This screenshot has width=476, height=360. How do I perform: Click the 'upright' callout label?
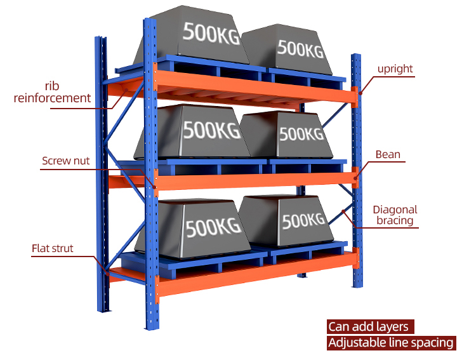pos(395,69)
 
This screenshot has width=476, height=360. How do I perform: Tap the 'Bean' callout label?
pos(388,154)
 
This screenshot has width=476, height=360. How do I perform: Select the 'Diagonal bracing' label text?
pos(395,215)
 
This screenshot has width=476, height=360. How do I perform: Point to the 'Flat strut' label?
pos(53,248)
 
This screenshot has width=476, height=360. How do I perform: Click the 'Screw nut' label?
pos(65,161)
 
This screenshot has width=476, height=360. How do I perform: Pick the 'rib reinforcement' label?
pos(52,92)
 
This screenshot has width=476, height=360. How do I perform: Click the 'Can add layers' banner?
pos(371,326)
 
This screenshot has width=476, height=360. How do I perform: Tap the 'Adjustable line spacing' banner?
pos(392,343)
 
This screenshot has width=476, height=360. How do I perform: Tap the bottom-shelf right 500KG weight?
pos(287,220)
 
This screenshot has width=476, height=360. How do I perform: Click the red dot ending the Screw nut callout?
pos(154,187)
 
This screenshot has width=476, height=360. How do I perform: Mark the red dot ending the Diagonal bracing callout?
pos(343,211)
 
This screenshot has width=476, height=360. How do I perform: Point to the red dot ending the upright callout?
pos(360,93)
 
